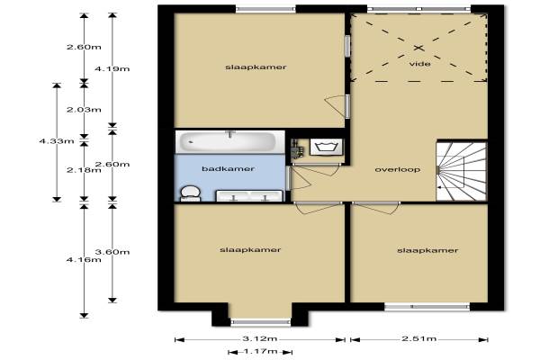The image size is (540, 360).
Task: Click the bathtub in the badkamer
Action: coord(230,141)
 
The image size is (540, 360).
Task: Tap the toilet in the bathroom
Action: coord(191,193)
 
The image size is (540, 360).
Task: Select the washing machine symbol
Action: coord(326,147)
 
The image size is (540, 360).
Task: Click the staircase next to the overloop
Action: coord(462,170)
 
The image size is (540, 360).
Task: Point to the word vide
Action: coord(419,64)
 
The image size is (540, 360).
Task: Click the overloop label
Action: coord(398,169)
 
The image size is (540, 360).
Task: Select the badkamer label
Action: coord(228,169)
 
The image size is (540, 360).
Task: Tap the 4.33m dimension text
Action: coord(57,141)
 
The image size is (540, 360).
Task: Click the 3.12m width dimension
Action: coord(260,338)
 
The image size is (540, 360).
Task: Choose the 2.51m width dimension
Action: coord(419,338)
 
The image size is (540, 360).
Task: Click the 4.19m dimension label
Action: coord(112,69)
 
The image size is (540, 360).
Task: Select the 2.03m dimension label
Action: coord(84,110)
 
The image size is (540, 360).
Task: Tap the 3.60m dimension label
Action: coord(112,252)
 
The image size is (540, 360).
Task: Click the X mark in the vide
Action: coord(418,48)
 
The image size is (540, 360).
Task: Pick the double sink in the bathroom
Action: coord(249,195)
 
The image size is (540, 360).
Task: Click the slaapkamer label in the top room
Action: coord(256,67)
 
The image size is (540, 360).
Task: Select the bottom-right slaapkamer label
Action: coord(427,250)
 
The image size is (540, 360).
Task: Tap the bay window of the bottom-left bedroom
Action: coord(260,322)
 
